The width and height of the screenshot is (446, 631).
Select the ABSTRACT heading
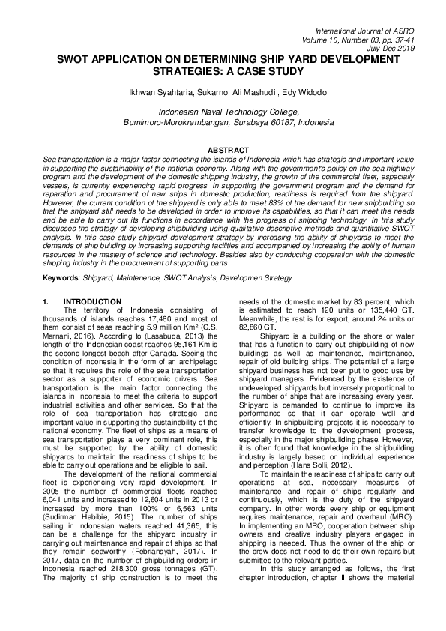coord(223,151)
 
